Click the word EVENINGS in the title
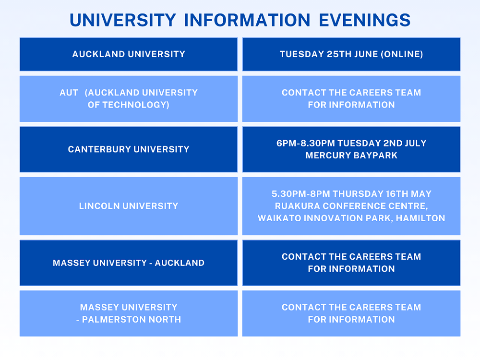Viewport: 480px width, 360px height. pos(364,20)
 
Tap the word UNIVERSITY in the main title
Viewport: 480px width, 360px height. pos(123,20)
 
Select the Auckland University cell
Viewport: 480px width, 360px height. pos(129,54)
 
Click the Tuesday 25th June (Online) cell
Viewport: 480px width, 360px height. pos(351,54)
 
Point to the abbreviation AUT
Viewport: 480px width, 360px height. pos(69,93)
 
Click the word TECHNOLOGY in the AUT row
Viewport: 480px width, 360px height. pos(136,105)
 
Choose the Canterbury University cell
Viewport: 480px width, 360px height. pos(129,149)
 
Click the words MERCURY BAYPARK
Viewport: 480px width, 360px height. pos(351,156)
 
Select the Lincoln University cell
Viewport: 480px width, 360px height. pos(129,206)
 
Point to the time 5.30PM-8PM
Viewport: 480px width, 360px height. pos(301,194)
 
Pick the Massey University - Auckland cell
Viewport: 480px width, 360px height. pos(129,263)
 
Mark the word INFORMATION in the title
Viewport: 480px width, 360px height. pos(247,20)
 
